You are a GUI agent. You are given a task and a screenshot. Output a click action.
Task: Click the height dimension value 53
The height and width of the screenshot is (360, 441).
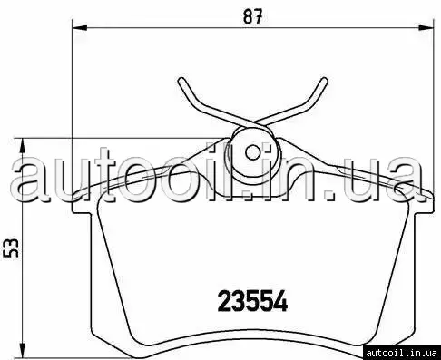click(x=11, y=248)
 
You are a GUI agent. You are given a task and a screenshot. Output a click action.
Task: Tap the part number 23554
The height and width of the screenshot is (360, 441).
click(x=252, y=301)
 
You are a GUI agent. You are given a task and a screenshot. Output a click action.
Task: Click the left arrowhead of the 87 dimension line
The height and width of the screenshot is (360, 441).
click(x=80, y=28)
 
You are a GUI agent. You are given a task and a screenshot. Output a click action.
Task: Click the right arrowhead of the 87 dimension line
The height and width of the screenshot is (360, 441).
click(x=426, y=28)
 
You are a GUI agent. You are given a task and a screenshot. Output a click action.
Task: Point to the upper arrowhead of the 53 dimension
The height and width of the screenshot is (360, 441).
click(x=22, y=146)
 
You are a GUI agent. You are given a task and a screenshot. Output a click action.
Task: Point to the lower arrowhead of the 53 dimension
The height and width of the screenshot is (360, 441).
click(x=22, y=351)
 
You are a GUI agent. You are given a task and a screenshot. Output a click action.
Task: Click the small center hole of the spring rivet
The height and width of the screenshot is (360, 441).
click(x=252, y=152)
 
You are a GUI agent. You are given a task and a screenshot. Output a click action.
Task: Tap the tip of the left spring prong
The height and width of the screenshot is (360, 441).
click(x=181, y=80)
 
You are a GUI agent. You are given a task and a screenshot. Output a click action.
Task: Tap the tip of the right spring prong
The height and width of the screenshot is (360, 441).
click(x=324, y=80)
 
